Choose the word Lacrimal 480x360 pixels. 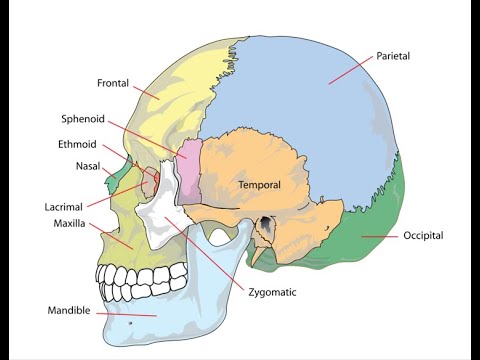64,207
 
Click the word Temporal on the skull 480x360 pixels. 259,185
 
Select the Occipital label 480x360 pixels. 423,236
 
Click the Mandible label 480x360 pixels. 70,310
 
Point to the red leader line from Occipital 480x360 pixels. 380,236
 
